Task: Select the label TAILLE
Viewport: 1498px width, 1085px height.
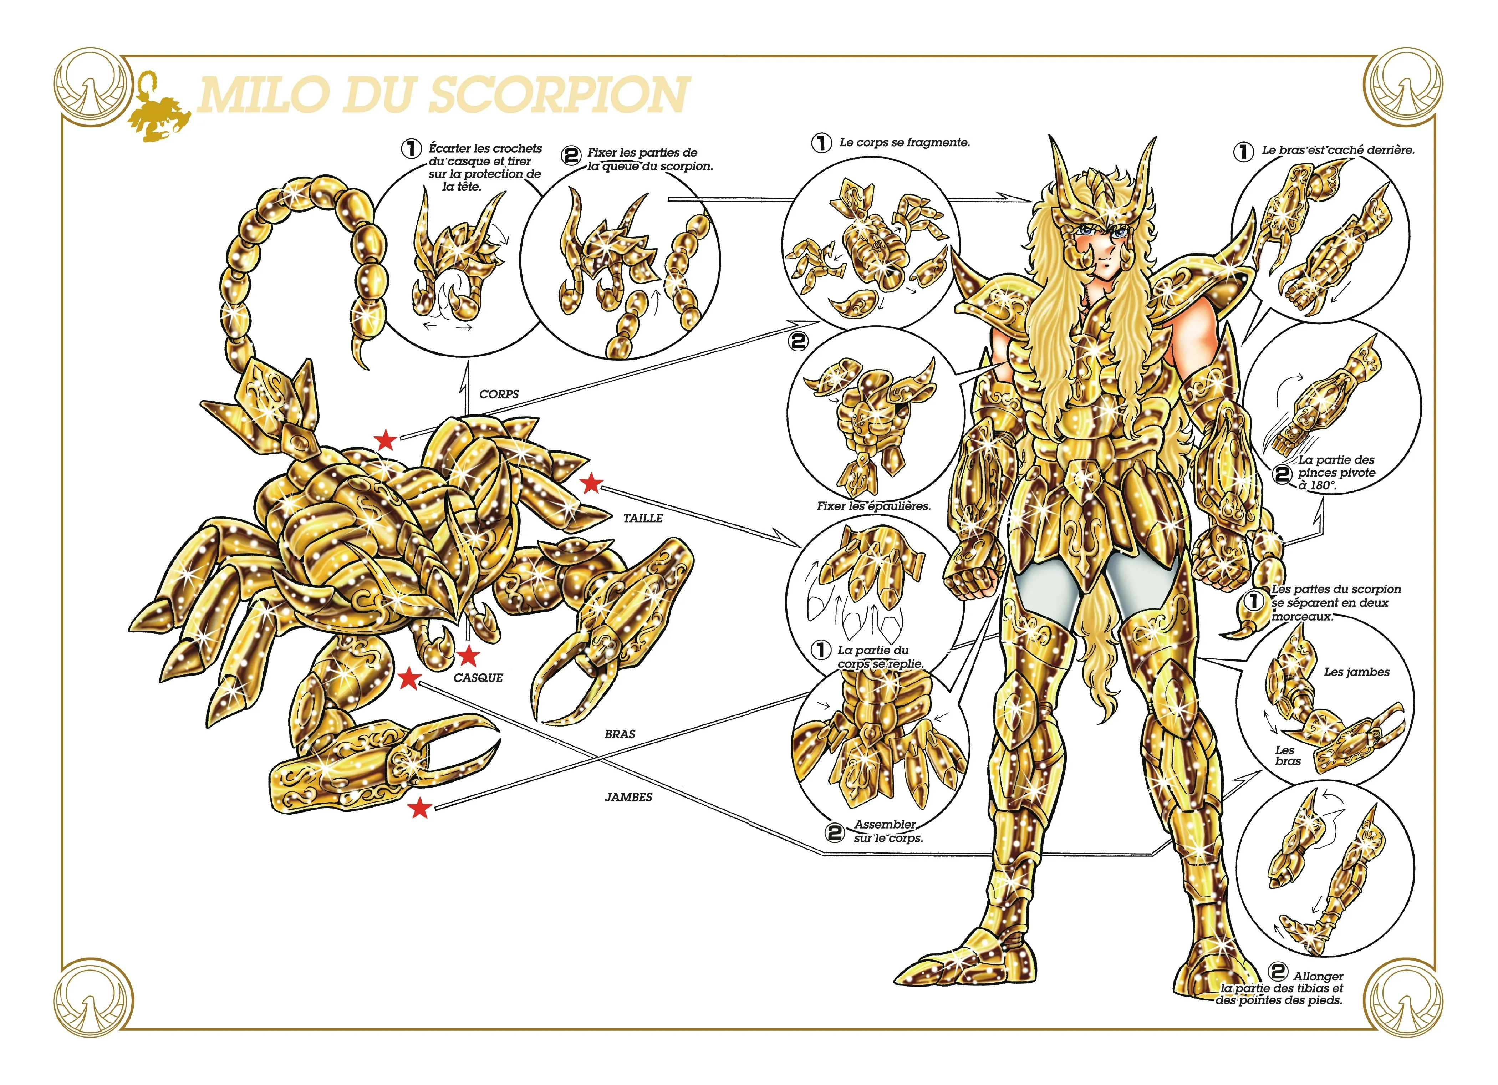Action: pos(643,518)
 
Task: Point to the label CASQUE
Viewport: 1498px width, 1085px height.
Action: pos(478,678)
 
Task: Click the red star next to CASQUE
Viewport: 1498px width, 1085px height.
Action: pos(468,656)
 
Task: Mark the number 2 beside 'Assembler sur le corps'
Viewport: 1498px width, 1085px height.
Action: pos(836,833)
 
